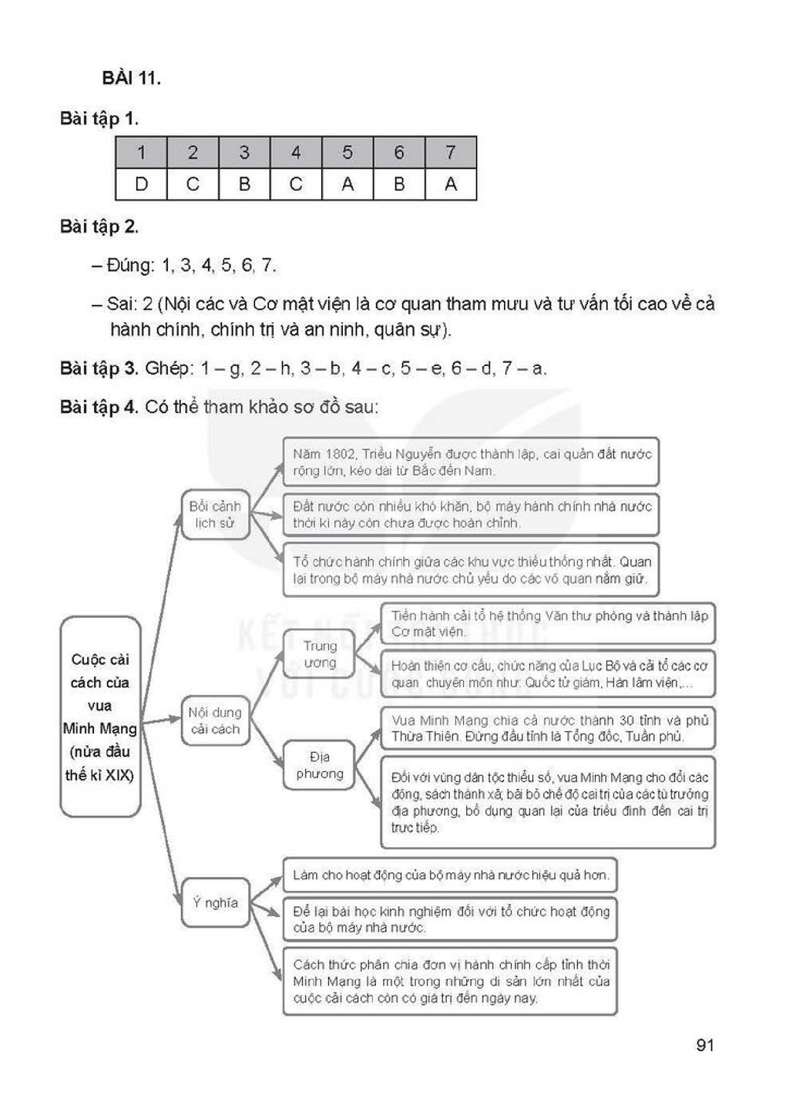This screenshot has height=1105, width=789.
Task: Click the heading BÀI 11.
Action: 131,78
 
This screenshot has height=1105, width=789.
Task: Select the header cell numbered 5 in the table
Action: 347,152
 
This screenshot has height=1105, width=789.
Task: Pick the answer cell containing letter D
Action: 142,184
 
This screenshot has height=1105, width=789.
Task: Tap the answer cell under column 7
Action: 451,184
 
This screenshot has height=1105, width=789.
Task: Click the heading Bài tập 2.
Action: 99,227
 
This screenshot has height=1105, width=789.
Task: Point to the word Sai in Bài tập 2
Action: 119,304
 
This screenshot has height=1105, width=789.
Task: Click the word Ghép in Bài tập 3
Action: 167,368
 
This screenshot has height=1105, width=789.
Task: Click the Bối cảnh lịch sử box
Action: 215,515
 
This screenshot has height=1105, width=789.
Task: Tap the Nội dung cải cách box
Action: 215,720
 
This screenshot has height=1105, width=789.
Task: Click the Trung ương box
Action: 320,654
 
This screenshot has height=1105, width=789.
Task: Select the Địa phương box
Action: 320,765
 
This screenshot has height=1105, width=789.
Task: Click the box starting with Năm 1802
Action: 471,462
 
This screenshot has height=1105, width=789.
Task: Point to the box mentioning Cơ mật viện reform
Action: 548,623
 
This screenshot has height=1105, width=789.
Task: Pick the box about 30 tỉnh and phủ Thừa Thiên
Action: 548,728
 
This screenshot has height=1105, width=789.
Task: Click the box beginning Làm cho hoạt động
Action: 450,875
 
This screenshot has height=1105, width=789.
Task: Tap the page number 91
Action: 705,1045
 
